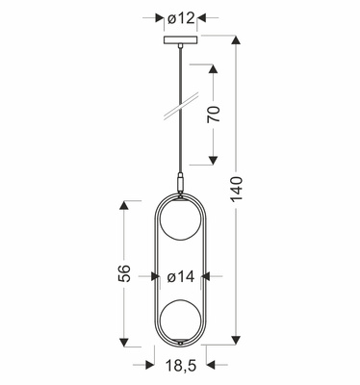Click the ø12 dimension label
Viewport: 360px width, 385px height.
pos(180,18)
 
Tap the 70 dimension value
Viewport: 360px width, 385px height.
pos(216,115)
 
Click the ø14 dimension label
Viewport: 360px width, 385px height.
pos(180,276)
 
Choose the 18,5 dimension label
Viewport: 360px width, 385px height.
pos(180,366)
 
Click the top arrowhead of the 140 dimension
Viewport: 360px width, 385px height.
pos(238,40)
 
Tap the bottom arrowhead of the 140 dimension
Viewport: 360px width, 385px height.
pos(238,343)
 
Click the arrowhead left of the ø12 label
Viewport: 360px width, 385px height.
pos(160,18)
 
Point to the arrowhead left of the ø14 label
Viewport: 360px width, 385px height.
pos(157,276)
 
